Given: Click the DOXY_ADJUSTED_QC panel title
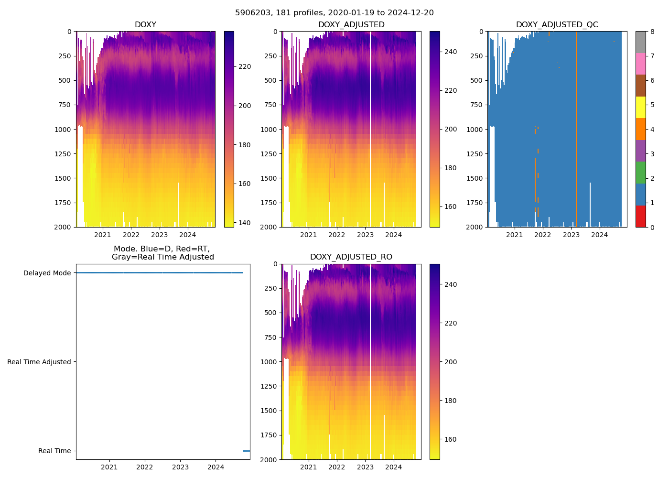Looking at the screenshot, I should coord(557,25).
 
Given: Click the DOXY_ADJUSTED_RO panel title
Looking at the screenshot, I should coord(351,257).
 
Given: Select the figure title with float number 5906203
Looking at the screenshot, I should coord(334,13).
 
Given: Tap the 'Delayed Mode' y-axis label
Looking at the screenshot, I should coord(47,273).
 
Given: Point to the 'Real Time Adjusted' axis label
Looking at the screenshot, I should coord(39,362).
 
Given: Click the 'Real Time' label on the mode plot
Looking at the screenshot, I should coord(54,451).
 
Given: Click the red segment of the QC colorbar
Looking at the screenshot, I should coord(640,216).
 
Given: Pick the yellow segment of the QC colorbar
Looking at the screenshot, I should coord(640,107).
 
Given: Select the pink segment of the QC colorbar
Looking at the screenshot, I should coord(640,64).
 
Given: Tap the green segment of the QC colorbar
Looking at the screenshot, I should coord(640,173).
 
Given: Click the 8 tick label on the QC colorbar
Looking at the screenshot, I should coord(652,32).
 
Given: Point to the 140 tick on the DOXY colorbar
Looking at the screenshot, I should coord(245,223).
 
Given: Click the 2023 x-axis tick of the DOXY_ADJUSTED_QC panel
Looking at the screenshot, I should coord(571,235).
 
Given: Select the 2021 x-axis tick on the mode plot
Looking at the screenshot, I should coord(109,467).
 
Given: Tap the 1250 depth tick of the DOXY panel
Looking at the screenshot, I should coord(63,154).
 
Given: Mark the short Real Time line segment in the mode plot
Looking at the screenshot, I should coord(246,451).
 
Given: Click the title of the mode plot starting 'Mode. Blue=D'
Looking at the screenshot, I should coord(162,253).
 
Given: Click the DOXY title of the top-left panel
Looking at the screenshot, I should coord(145,25).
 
